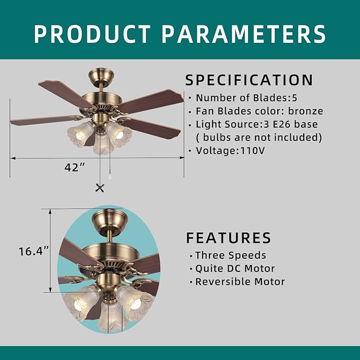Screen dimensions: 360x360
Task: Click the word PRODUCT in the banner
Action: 93,33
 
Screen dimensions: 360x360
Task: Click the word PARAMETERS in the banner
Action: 243,33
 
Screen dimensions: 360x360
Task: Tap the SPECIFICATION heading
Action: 249,81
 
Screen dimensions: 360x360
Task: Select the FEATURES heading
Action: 229,238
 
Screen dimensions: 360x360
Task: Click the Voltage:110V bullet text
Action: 230,151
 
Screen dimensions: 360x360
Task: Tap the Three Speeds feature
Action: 230,256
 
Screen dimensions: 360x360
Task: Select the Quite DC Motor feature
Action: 234,269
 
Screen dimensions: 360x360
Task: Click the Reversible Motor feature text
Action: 240,282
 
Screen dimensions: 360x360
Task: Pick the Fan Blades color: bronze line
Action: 259,111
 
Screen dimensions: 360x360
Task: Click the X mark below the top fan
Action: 99,187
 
